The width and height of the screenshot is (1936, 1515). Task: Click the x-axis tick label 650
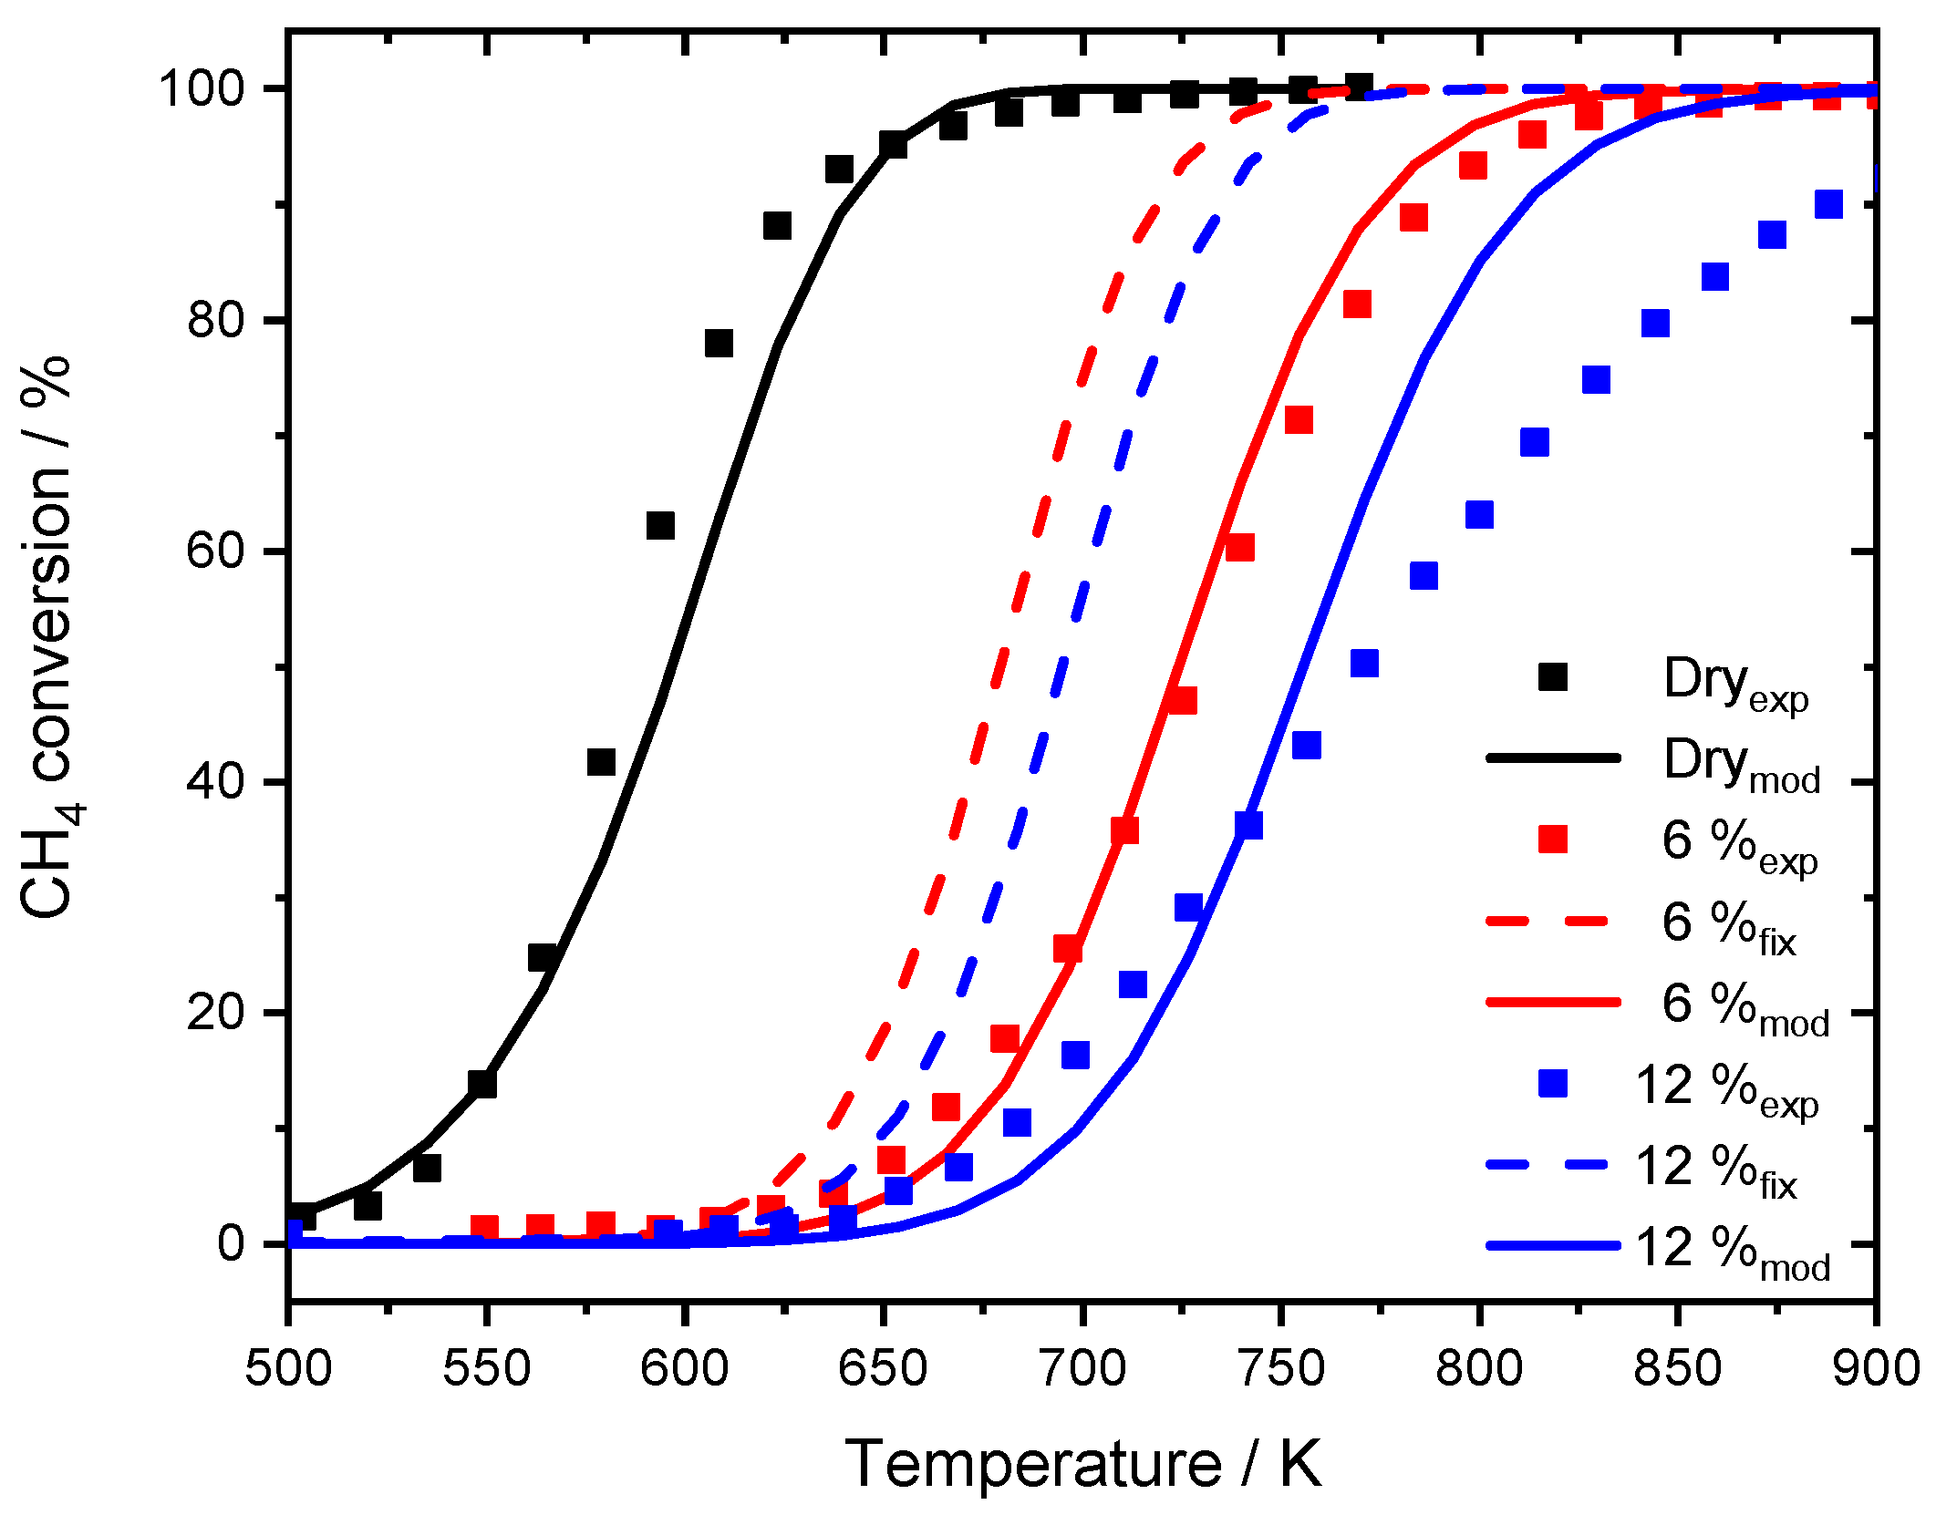[x=883, y=1370]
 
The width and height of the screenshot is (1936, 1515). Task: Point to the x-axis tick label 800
[x=1478, y=1370]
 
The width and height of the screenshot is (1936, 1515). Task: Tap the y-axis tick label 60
[x=215, y=551]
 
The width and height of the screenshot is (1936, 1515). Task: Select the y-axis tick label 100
[x=202, y=89]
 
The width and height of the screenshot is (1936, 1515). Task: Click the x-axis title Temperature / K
[x=1082, y=1464]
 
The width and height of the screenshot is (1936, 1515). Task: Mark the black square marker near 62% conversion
[x=660, y=526]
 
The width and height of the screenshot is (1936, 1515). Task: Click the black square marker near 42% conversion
[x=601, y=761]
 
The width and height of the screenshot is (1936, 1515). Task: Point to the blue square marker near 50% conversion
[x=1364, y=663]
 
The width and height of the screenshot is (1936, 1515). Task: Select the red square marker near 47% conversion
[x=1182, y=700]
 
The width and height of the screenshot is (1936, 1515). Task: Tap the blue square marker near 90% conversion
[x=1828, y=204]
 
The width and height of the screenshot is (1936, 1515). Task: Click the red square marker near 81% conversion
[x=1357, y=304]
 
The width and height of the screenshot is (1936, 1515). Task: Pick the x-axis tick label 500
[x=288, y=1370]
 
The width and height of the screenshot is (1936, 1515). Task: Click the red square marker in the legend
[x=1552, y=840]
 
